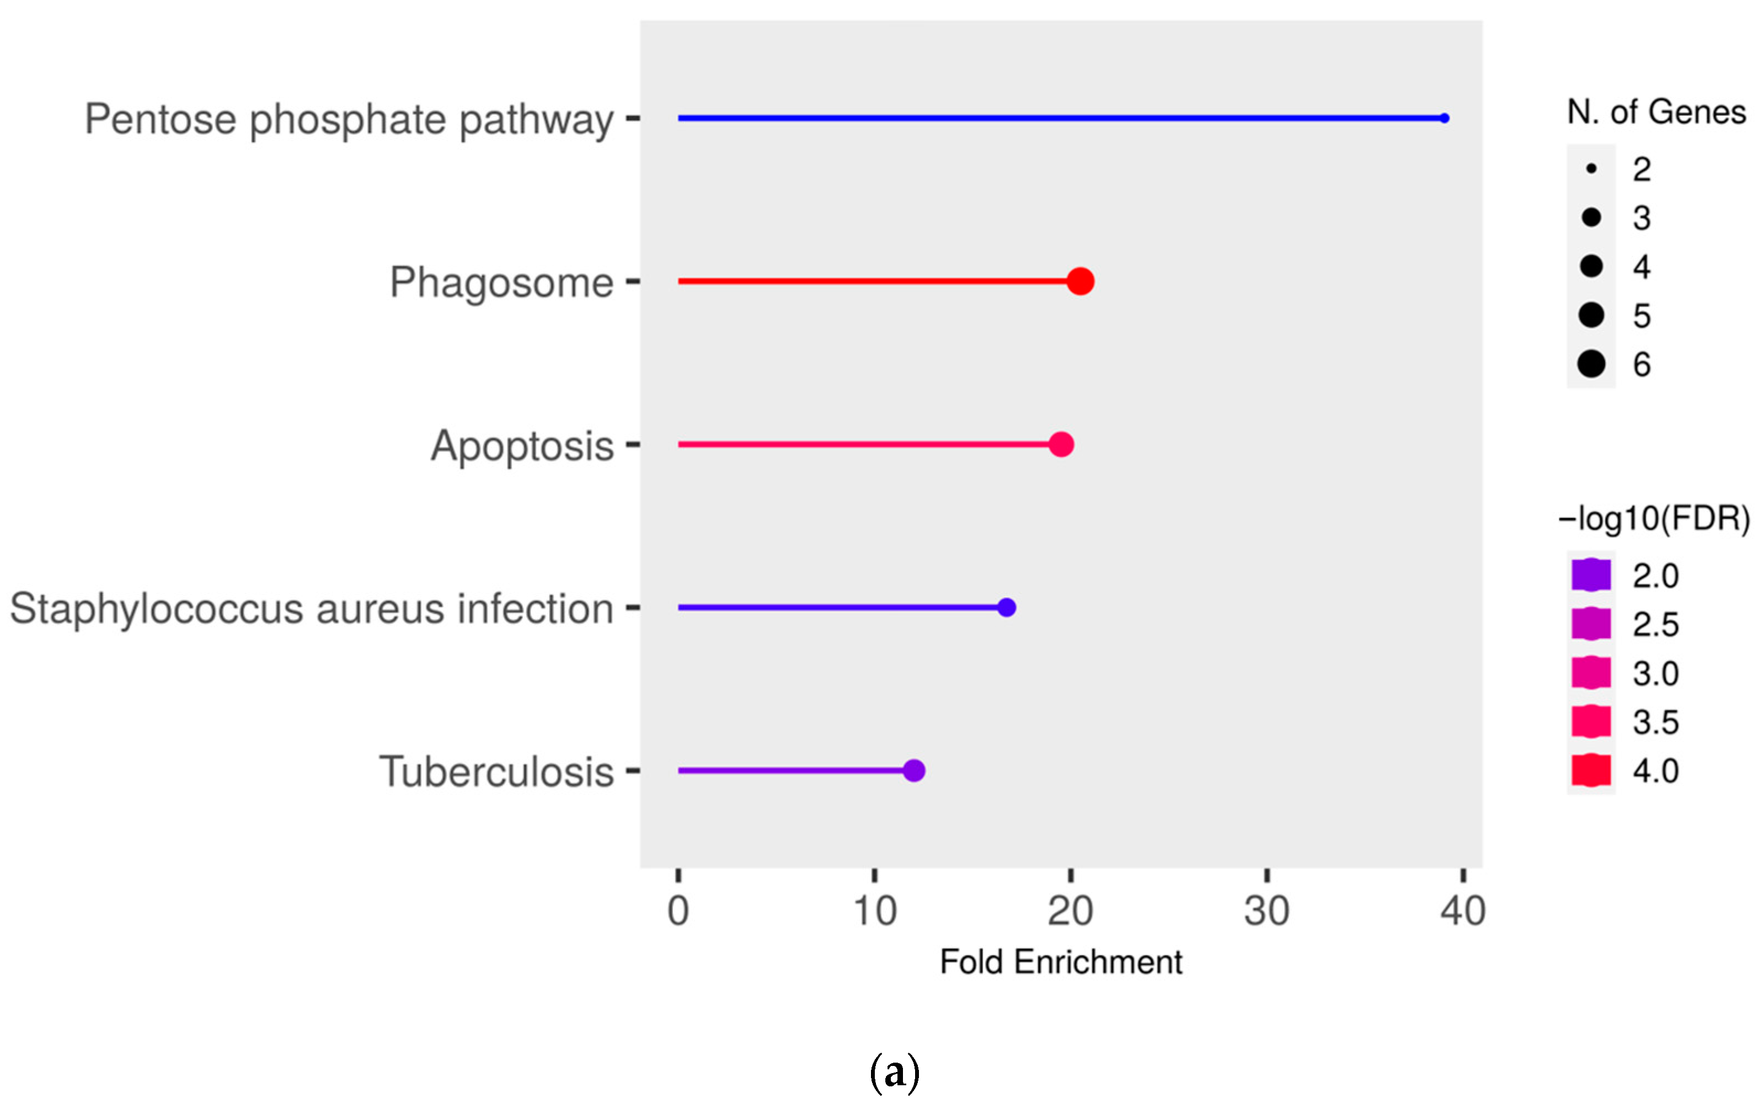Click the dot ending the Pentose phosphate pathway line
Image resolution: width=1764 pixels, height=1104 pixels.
coord(1444,118)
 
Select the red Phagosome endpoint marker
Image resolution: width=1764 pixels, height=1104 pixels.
coord(1080,281)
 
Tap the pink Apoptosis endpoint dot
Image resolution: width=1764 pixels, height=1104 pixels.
coord(1061,444)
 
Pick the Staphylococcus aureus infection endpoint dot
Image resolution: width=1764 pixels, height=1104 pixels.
coord(1006,608)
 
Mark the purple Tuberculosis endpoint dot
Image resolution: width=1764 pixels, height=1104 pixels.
coord(913,770)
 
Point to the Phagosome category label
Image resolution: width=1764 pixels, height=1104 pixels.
coord(501,282)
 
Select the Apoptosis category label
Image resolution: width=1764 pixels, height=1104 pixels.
coord(521,446)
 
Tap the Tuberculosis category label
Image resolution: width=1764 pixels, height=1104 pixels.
coord(496,772)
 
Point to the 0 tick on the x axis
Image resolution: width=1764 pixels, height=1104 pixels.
coord(678,910)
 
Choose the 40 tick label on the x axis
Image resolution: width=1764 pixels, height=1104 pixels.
coord(1462,910)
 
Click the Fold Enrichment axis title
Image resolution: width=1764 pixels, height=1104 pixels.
coord(1060,962)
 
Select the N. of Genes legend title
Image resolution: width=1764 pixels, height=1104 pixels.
coord(1656,112)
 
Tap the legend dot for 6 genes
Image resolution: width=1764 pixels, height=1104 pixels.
coord(1591,363)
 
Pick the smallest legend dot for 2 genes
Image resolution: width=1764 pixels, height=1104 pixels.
coord(1591,169)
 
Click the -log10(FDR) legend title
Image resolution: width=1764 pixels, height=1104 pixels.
coord(1654,518)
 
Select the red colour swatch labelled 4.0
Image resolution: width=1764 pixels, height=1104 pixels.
coord(1591,770)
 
